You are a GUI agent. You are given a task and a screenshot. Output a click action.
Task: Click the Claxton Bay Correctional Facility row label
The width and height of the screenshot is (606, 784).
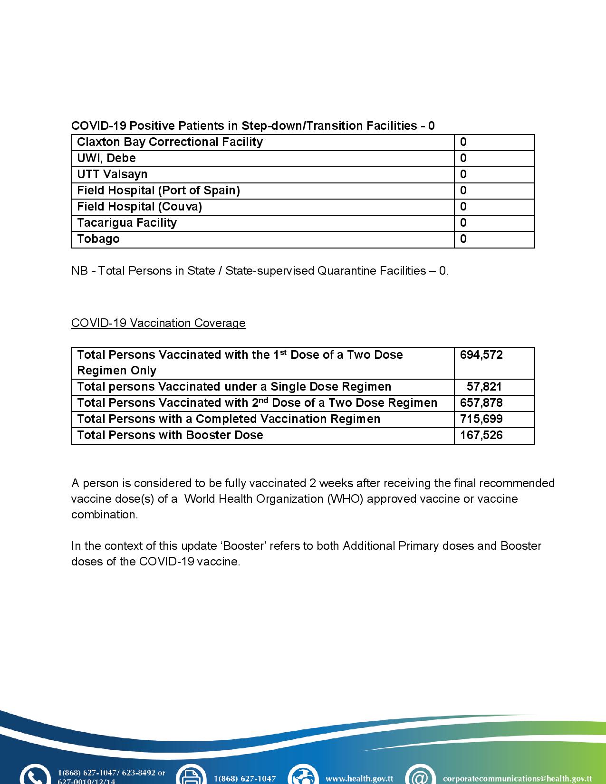point(170,142)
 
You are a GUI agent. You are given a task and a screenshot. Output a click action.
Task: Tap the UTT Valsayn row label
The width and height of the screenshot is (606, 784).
point(112,174)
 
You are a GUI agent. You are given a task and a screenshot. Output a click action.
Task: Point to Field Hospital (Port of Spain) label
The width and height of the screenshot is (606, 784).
point(158,191)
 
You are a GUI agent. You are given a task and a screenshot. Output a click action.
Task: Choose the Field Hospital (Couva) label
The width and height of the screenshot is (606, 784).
point(139,207)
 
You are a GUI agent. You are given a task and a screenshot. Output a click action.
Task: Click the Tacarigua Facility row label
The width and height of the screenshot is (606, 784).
point(127,223)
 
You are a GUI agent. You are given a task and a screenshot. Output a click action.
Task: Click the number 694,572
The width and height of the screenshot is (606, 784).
point(481,355)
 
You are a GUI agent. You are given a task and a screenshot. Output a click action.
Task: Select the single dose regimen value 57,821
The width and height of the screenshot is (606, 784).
point(484,387)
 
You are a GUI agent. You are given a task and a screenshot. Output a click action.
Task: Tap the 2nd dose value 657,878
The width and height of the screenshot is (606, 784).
point(481,403)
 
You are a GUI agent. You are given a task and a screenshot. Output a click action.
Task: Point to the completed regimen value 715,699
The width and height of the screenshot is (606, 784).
point(481,419)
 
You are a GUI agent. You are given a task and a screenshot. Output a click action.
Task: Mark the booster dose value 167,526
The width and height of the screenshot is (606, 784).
point(481,435)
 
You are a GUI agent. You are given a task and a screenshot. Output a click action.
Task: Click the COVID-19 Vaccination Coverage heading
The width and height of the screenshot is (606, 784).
point(158,323)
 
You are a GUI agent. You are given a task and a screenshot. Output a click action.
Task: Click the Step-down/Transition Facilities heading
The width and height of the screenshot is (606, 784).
point(253,126)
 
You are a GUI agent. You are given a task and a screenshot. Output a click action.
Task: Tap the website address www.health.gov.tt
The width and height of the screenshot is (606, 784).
point(359,779)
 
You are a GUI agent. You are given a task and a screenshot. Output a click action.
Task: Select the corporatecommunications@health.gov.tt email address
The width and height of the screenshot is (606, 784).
point(517,779)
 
